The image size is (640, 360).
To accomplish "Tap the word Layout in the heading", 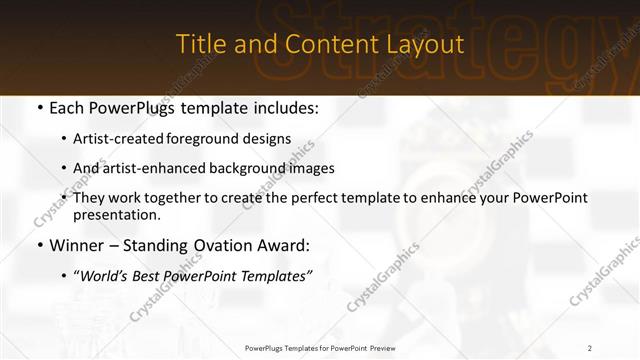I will click(x=429, y=45).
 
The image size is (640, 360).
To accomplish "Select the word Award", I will click(x=284, y=245).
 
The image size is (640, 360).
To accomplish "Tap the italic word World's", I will click(x=105, y=275).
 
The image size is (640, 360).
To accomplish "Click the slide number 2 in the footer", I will click(x=590, y=348).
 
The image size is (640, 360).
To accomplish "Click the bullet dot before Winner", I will click(x=39, y=246).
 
